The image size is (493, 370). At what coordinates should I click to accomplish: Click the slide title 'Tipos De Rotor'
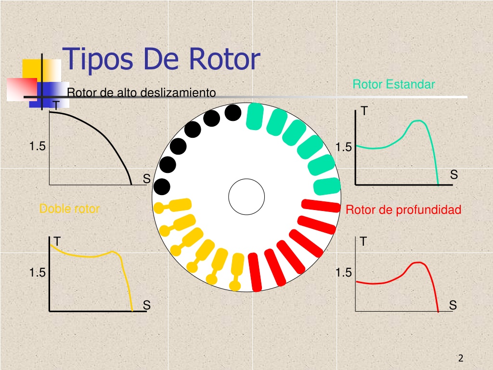(x=161, y=59)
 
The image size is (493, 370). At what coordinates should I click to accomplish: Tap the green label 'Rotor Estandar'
(x=394, y=84)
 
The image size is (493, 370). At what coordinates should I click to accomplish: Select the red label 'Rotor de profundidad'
(x=403, y=210)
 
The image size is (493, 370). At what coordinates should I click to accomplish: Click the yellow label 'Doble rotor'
(x=69, y=209)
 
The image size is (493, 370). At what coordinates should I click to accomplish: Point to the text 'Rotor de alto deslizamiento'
(x=142, y=92)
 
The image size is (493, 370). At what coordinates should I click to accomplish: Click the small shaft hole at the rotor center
(x=246, y=197)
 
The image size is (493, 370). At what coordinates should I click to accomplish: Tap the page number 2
(x=461, y=358)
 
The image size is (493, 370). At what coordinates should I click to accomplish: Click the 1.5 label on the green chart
(x=343, y=147)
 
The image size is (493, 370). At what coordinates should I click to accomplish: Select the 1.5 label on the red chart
(x=343, y=273)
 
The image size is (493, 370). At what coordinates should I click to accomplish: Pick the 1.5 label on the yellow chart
(x=37, y=273)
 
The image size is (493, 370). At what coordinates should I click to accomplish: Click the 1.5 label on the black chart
(x=37, y=146)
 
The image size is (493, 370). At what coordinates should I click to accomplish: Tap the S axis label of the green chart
(x=454, y=174)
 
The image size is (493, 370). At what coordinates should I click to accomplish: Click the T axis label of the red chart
(x=363, y=242)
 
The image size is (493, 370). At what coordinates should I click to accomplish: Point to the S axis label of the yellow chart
(x=146, y=305)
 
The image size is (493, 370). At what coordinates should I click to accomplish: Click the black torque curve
(x=104, y=136)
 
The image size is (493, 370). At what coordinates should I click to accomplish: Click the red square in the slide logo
(x=22, y=89)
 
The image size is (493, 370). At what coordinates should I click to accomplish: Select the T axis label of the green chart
(x=364, y=111)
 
